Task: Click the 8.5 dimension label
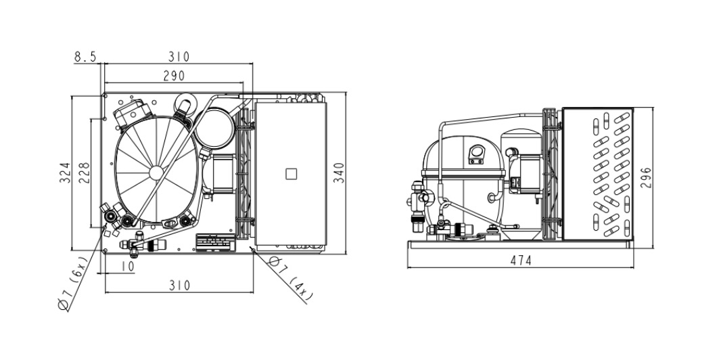pos(85,57)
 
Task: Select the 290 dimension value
pos(174,76)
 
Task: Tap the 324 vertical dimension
pos(65,173)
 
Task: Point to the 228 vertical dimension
pos(84,173)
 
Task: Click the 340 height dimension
pos(339,173)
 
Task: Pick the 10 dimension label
pos(128,266)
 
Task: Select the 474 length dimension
pos(521,261)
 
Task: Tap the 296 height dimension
pos(646,178)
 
